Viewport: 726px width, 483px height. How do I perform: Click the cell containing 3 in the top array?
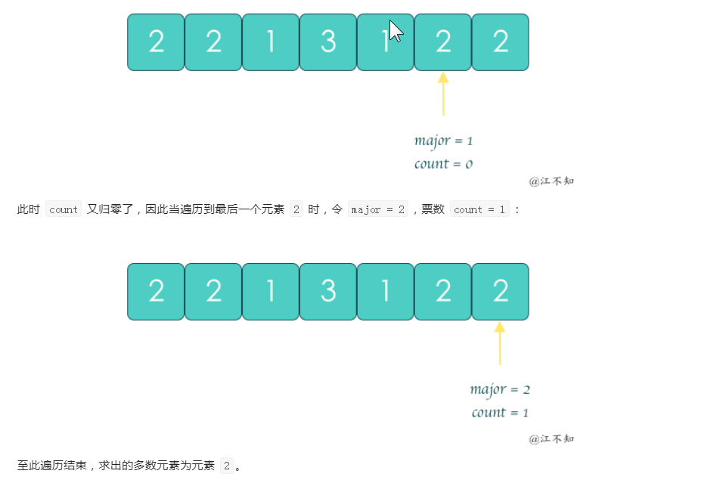(x=327, y=42)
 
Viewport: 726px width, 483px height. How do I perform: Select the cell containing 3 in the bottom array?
(x=327, y=292)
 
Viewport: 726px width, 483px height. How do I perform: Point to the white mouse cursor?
(x=396, y=31)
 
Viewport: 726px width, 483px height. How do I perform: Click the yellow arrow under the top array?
(x=443, y=94)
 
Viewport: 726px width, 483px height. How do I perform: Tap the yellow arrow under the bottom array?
(x=500, y=343)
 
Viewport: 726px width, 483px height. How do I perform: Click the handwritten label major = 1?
(x=443, y=141)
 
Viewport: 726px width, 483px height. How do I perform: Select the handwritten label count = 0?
(x=443, y=163)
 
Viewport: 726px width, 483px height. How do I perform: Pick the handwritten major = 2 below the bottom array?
(x=500, y=389)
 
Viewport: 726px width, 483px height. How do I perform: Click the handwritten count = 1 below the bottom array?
(x=500, y=412)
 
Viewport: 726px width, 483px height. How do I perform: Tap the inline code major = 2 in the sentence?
(x=377, y=210)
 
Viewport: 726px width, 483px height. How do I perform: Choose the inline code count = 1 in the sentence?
(x=479, y=210)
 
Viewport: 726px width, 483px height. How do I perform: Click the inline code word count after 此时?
(x=64, y=210)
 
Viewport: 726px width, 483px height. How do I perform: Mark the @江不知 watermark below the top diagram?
(x=551, y=181)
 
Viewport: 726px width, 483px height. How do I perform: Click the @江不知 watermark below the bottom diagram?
(x=551, y=438)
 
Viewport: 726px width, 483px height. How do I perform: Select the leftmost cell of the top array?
(x=156, y=42)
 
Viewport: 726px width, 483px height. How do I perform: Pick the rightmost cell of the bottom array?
(x=500, y=292)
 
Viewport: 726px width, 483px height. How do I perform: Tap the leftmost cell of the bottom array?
(x=156, y=292)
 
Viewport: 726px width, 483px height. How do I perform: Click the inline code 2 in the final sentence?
(x=227, y=466)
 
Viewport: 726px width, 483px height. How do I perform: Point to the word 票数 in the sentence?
(x=433, y=210)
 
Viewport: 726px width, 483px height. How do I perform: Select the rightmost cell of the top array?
(x=500, y=42)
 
